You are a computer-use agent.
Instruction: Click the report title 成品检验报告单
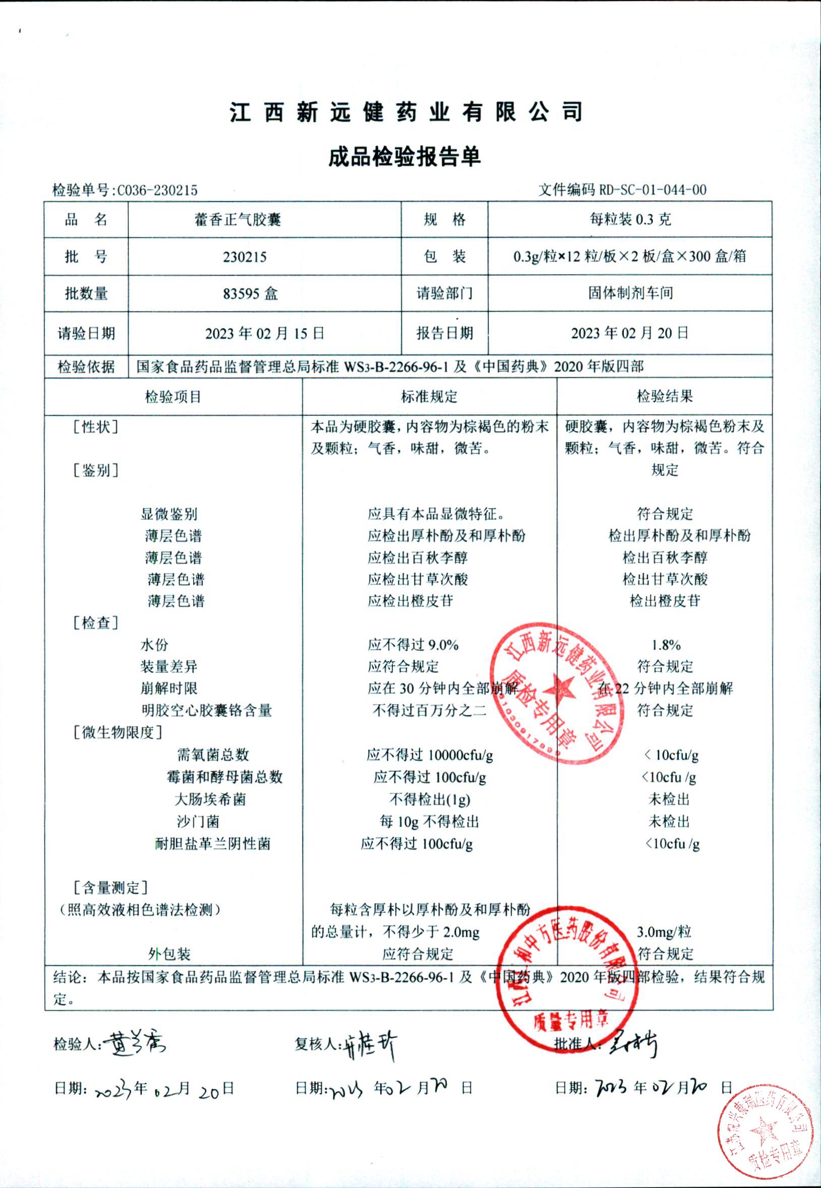(404, 157)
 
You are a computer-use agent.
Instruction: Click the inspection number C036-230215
(157, 191)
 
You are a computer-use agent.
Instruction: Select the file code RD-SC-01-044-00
(652, 190)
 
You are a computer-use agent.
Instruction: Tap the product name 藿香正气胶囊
(238, 220)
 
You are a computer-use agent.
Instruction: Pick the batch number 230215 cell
(245, 257)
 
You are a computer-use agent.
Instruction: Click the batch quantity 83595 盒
(251, 293)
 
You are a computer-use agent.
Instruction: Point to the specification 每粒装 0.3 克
(630, 220)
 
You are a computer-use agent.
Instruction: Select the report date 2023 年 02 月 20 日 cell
(630, 333)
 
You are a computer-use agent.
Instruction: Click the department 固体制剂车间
(631, 293)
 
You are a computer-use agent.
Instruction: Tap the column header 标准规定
(429, 396)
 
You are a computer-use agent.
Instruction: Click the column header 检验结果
(665, 396)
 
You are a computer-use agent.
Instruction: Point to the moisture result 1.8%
(666, 645)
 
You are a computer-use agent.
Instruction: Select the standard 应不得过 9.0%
(413, 645)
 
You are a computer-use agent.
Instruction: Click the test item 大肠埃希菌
(210, 799)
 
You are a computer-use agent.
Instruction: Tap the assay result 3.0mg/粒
(664, 932)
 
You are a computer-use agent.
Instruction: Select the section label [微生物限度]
(118, 732)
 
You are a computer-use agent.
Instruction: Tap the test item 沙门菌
(198, 822)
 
